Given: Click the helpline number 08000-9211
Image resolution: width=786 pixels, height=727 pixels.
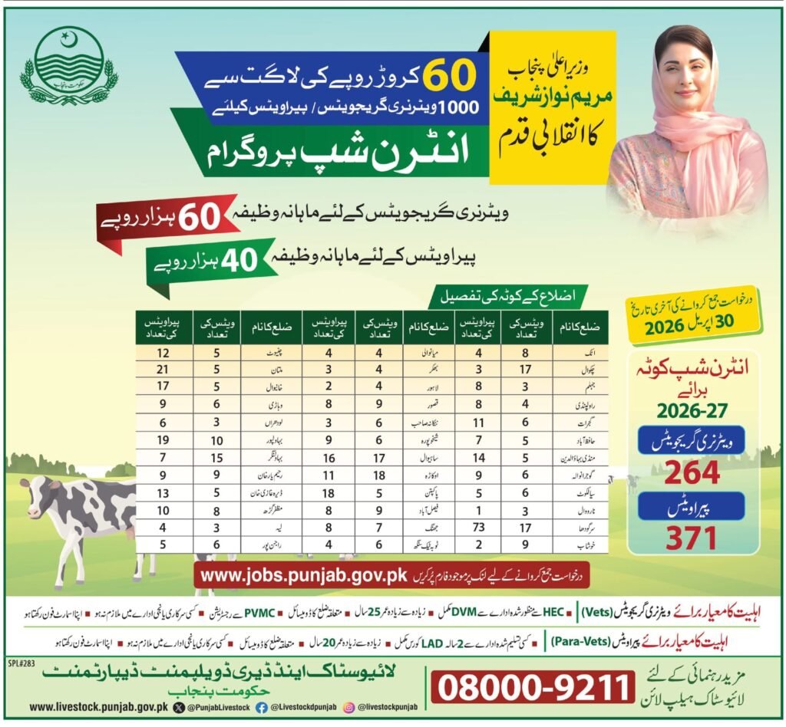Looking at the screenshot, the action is pyautogui.click(x=534, y=687).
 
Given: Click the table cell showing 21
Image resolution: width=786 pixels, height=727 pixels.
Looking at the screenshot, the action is pyautogui.click(x=162, y=367).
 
